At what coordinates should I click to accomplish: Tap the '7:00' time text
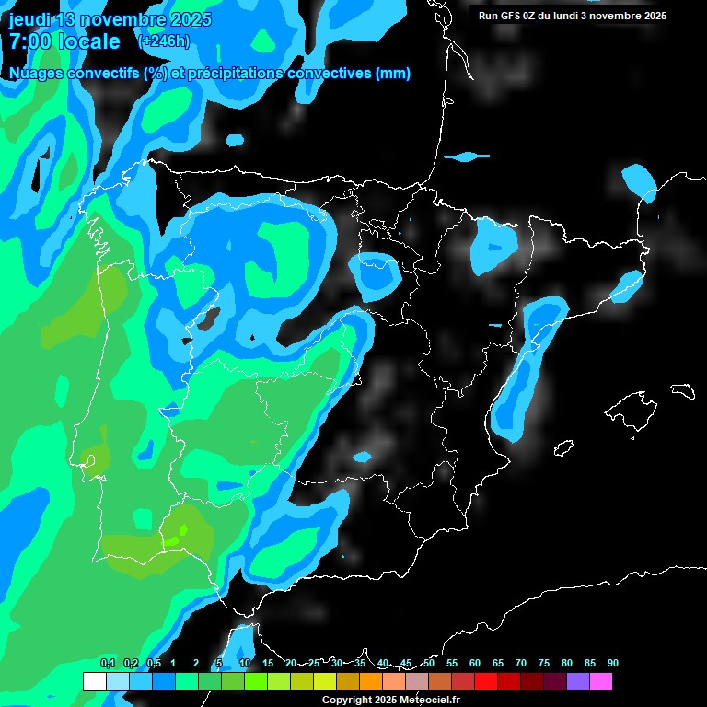click(x=30, y=41)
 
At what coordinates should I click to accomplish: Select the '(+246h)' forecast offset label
click(x=163, y=41)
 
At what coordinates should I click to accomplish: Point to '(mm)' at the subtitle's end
click(x=393, y=74)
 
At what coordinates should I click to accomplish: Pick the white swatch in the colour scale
click(x=94, y=682)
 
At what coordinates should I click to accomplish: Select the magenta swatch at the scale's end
click(x=601, y=682)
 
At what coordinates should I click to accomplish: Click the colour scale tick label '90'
click(x=612, y=663)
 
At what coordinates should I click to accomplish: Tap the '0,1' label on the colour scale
click(x=108, y=663)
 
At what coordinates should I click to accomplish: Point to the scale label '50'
click(x=429, y=663)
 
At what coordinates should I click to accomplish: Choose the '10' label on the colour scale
click(x=245, y=663)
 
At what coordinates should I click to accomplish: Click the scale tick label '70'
click(x=521, y=663)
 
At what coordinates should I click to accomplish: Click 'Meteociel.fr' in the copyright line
click(x=428, y=701)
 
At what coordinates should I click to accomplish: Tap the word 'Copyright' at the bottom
click(x=345, y=701)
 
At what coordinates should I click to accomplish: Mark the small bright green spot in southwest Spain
click(x=182, y=530)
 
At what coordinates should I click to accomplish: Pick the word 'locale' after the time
click(x=91, y=41)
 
